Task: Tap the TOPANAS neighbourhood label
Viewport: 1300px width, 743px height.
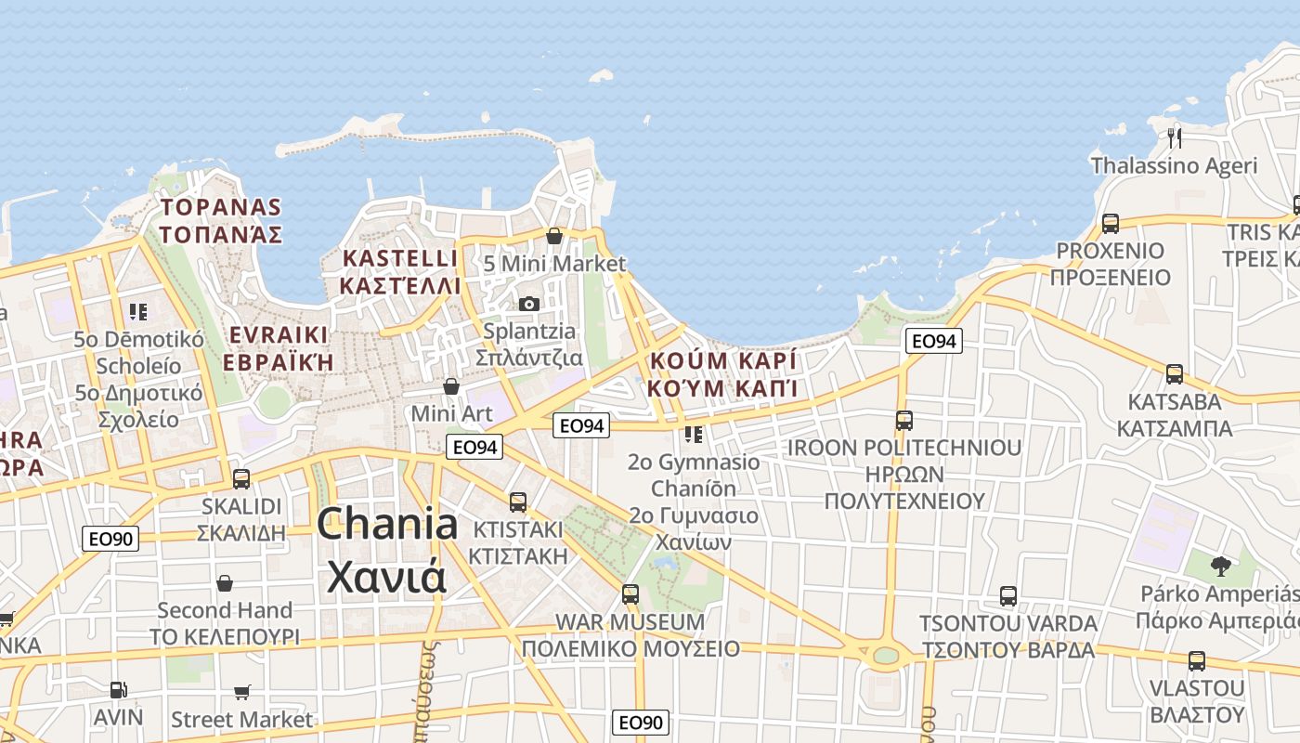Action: pyautogui.click(x=220, y=220)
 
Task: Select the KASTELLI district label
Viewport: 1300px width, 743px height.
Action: pyautogui.click(x=400, y=271)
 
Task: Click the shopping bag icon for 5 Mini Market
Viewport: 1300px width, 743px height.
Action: pyautogui.click(x=554, y=236)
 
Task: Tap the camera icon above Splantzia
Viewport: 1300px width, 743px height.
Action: pyautogui.click(x=528, y=304)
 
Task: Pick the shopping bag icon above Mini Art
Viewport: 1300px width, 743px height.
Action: pyautogui.click(x=451, y=385)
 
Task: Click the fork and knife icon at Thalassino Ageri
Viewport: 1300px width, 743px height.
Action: pyautogui.click(x=1175, y=138)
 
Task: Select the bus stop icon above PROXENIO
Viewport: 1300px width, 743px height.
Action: pyautogui.click(x=1111, y=223)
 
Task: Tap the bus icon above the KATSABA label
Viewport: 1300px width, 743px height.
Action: pyautogui.click(x=1175, y=374)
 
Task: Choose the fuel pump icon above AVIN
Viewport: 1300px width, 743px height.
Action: pyautogui.click(x=118, y=690)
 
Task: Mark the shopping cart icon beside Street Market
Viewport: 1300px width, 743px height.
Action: pyautogui.click(x=242, y=692)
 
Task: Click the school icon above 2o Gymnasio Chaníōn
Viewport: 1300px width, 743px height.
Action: pyautogui.click(x=694, y=434)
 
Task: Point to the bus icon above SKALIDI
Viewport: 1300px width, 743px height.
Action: pyautogui.click(x=241, y=479)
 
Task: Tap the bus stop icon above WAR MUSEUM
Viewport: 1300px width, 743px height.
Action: pyautogui.click(x=630, y=593)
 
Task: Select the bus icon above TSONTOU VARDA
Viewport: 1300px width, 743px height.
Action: pyautogui.click(x=1008, y=595)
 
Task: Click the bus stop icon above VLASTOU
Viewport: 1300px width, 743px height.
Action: pyautogui.click(x=1197, y=661)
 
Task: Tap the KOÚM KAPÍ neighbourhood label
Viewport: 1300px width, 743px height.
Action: pyautogui.click(x=723, y=374)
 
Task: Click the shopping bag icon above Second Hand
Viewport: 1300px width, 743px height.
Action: pyautogui.click(x=225, y=583)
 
